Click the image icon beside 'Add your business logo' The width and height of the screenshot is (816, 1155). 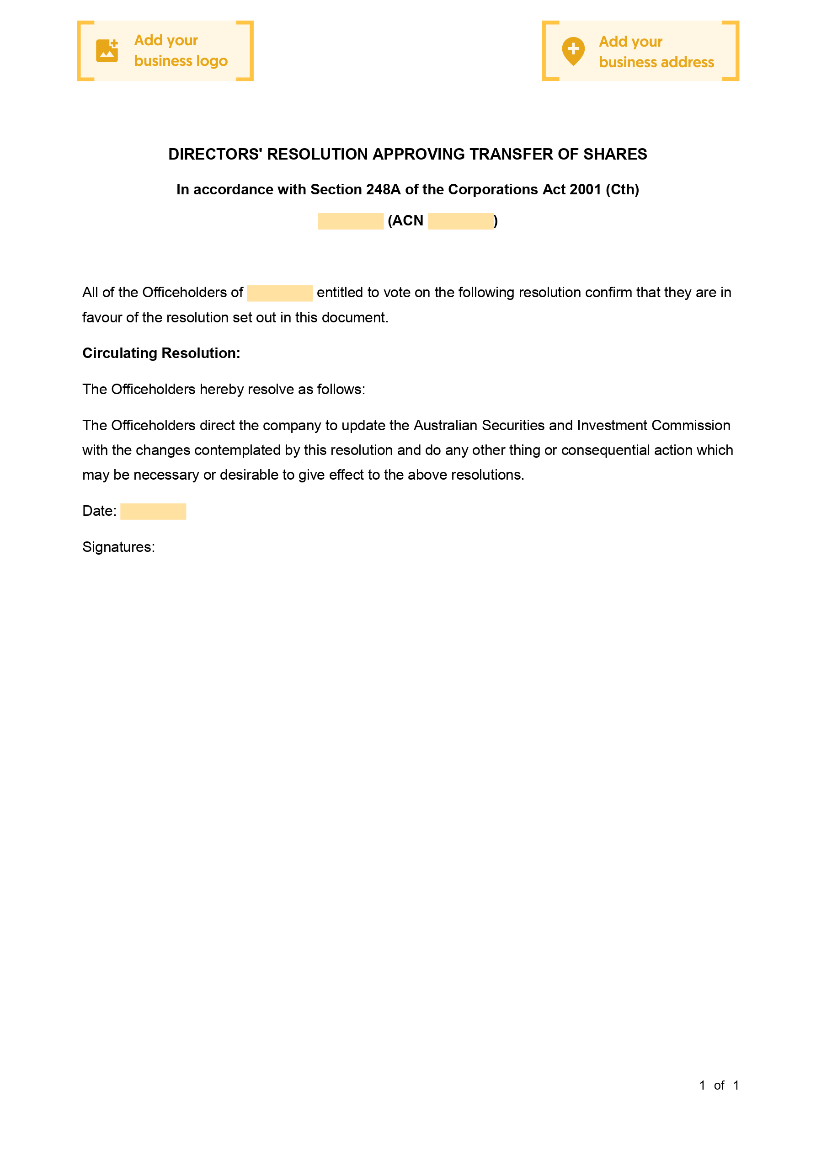107,51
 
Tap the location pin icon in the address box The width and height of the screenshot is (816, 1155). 573,51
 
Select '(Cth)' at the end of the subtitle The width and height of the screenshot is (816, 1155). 622,190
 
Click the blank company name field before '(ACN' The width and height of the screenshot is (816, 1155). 351,221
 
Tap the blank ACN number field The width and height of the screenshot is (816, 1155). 460,221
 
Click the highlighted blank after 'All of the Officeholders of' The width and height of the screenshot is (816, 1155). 280,293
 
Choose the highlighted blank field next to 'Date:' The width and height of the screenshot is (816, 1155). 153,512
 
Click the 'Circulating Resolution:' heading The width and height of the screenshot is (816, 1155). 161,353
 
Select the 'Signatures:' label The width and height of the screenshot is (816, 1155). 119,547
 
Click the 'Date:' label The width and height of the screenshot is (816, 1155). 99,511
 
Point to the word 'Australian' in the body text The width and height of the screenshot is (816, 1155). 445,426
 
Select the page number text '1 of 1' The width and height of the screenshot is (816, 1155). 719,1085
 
